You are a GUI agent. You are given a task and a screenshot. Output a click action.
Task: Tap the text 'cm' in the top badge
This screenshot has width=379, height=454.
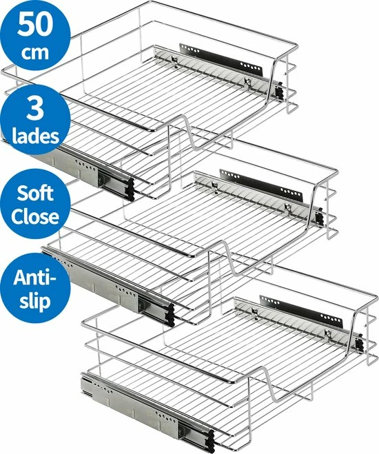35,52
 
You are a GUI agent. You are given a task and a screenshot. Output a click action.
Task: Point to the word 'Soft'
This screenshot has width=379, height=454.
35,193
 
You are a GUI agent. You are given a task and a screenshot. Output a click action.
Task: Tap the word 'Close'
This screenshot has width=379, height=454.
35,216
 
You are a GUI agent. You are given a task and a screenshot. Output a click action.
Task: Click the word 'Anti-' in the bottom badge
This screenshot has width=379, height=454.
34,278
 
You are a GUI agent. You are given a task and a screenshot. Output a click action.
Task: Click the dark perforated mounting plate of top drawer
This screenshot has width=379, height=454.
221,60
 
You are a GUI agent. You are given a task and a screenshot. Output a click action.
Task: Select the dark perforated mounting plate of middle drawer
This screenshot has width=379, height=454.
261,185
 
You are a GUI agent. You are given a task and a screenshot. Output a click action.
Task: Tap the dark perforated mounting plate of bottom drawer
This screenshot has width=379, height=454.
301,311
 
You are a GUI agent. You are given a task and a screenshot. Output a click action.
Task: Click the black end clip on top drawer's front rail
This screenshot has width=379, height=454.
131,189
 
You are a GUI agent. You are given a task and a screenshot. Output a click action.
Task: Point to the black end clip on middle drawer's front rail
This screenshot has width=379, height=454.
170,315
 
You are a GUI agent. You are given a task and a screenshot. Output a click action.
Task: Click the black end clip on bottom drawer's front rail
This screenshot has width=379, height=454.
210,442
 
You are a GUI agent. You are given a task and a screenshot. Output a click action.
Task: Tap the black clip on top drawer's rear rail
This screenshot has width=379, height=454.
279,90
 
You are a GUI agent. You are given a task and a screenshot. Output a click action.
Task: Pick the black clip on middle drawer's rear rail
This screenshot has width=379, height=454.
319,216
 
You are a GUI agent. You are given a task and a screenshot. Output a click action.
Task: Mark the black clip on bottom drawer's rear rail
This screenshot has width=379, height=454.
359,342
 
